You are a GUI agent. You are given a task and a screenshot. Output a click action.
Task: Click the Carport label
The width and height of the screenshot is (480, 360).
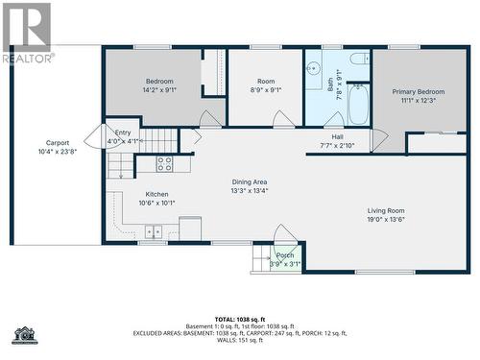[58, 147]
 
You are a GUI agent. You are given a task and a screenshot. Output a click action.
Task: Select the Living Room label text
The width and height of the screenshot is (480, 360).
[386, 214]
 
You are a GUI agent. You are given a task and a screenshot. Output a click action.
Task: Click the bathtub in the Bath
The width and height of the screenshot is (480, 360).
[358, 106]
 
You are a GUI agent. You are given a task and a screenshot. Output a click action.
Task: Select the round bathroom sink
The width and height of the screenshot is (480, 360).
[312, 70]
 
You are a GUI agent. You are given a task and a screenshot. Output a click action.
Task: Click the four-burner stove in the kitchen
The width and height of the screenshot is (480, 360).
[164, 164]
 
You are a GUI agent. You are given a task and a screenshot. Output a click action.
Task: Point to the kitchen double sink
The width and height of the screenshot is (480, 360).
[154, 231]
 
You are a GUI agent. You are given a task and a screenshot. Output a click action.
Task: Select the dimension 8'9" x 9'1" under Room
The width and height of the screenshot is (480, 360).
[266, 91]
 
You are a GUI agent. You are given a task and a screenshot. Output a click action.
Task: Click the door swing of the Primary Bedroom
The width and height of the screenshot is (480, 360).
[378, 140]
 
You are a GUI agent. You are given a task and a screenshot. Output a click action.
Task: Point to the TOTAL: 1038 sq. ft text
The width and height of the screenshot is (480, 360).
[240, 318]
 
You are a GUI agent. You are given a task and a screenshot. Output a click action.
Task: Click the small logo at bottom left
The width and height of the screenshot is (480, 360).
[24, 335]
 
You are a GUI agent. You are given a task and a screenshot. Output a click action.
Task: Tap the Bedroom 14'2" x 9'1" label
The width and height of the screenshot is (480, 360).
[159, 86]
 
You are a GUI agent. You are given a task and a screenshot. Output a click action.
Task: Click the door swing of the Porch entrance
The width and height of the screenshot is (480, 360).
[285, 235]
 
